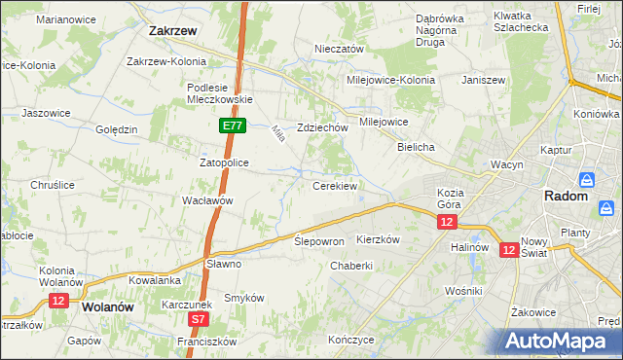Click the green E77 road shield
coord(232,126)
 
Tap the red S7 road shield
coord(199,318)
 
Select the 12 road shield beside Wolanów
coord(57,302)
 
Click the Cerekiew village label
coord(334,185)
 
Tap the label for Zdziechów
coord(322,127)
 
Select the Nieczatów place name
coord(339,49)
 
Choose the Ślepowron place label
coord(319,241)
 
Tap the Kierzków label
coord(379,239)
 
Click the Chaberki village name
coord(351,266)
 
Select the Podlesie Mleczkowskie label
coord(220,92)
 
